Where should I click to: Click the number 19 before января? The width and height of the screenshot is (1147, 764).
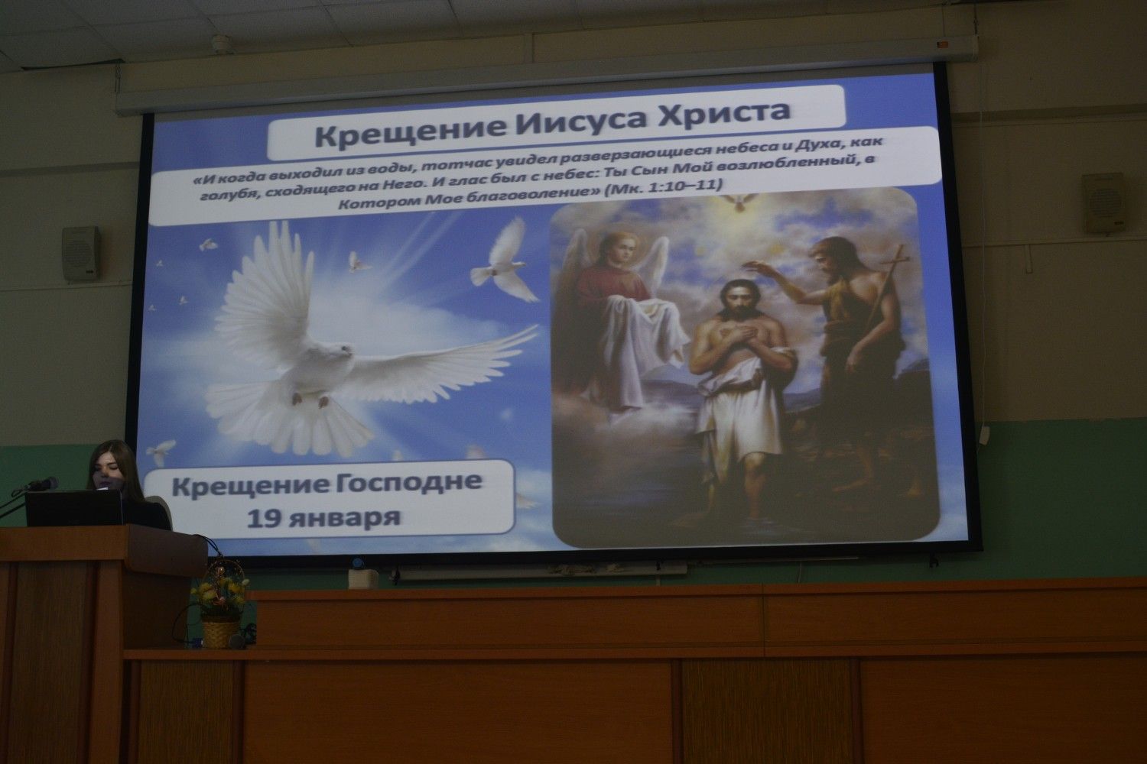click(263, 518)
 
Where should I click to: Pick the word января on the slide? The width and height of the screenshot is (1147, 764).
click(343, 518)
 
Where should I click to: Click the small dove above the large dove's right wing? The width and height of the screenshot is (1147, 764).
click(505, 264)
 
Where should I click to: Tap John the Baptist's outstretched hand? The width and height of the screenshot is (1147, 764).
click(757, 266)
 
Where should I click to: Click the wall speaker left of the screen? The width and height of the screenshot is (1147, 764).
click(81, 254)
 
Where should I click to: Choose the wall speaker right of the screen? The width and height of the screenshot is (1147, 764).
click(1103, 202)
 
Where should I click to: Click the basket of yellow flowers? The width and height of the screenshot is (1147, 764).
click(221, 604)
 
